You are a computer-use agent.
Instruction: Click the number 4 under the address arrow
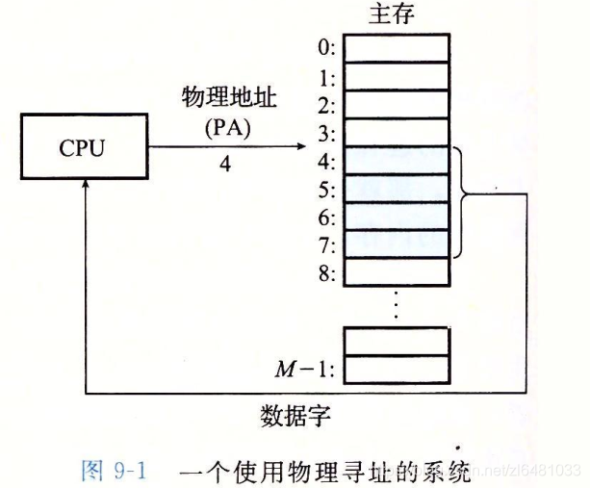225,164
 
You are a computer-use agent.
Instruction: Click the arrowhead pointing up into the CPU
87,187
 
